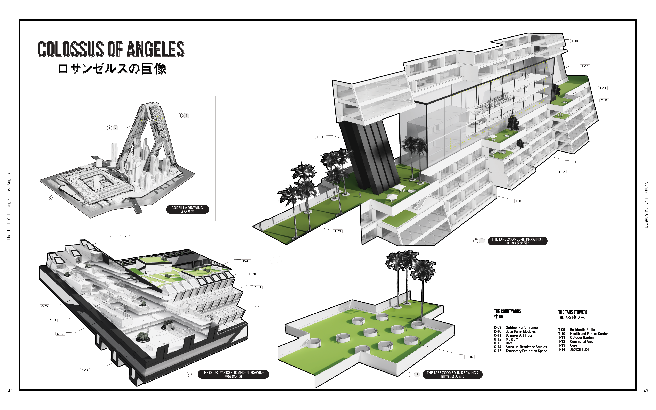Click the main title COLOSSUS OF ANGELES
111,49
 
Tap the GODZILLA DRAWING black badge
187,209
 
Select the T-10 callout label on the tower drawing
585,66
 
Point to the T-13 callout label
320,137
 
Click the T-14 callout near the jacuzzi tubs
469,357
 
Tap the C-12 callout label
85,370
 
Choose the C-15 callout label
44,306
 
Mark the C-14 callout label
53,320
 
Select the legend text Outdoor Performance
521,328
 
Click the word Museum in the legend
512,339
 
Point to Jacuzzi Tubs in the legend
579,349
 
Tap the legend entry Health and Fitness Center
589,334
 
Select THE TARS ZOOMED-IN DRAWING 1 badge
517,241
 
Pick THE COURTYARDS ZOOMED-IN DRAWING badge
233,374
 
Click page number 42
10,391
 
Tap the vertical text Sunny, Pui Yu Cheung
647,205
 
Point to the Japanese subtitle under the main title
112,69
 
